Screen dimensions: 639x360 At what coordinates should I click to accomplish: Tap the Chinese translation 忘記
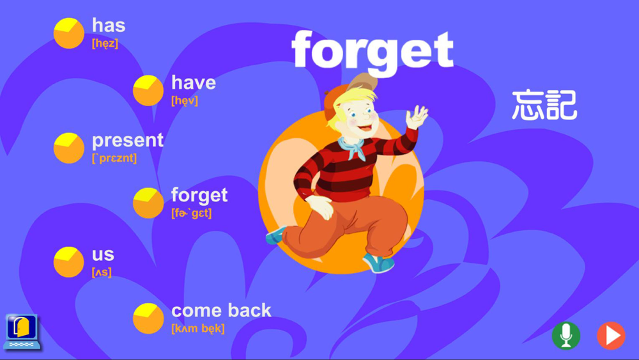tap(544, 106)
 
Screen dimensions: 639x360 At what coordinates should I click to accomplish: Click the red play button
tap(611, 336)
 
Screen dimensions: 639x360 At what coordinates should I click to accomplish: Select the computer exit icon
tap(22, 332)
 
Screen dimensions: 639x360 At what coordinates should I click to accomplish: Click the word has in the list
tap(109, 26)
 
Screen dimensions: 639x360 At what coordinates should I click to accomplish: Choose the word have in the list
tap(194, 82)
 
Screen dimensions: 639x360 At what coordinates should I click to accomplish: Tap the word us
tap(103, 254)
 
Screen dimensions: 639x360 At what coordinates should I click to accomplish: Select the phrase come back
tap(221, 310)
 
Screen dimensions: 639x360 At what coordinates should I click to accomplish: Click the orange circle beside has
tap(69, 33)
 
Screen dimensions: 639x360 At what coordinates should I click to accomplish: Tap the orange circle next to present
tap(69, 148)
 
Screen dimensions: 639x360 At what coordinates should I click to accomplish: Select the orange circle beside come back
tap(148, 318)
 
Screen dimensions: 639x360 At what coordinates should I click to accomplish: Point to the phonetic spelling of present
tap(114, 158)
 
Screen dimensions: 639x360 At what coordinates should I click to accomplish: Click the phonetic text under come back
tap(198, 329)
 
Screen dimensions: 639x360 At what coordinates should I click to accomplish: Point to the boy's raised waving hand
tap(417, 116)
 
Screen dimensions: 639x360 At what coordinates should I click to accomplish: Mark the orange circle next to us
tap(69, 262)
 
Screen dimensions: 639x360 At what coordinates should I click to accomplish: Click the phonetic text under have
tap(185, 100)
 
